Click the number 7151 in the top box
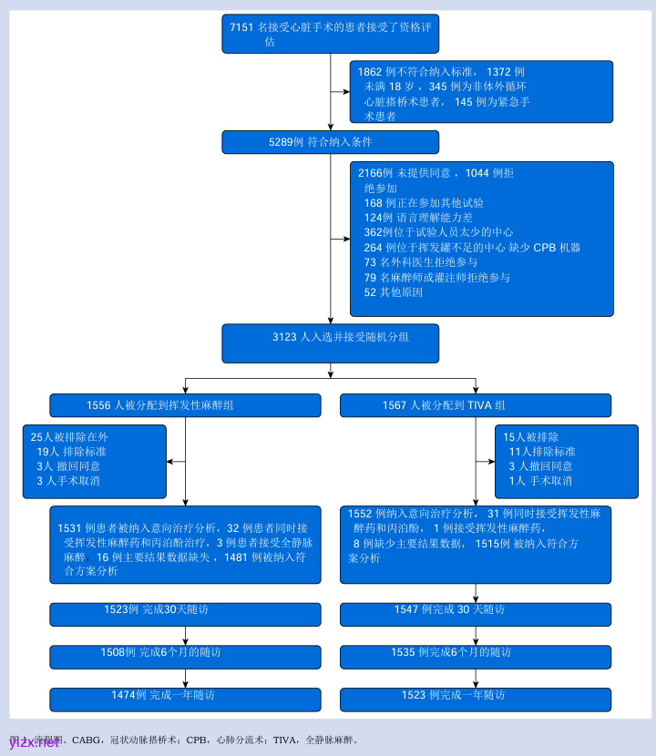point(241,27)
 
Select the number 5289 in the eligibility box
point(281,142)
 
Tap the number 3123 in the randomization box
point(284,337)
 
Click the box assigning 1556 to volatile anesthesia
point(185,405)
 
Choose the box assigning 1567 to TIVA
point(476,405)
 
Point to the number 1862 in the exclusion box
point(370,71)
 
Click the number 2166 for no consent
point(369,173)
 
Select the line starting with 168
point(423,203)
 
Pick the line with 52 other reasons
point(393,292)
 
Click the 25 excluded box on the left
point(95,461)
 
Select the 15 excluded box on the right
point(566,461)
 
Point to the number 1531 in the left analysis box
point(70,528)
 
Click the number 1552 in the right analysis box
point(360,515)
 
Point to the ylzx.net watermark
point(35,742)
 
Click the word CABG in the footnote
point(87,741)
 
